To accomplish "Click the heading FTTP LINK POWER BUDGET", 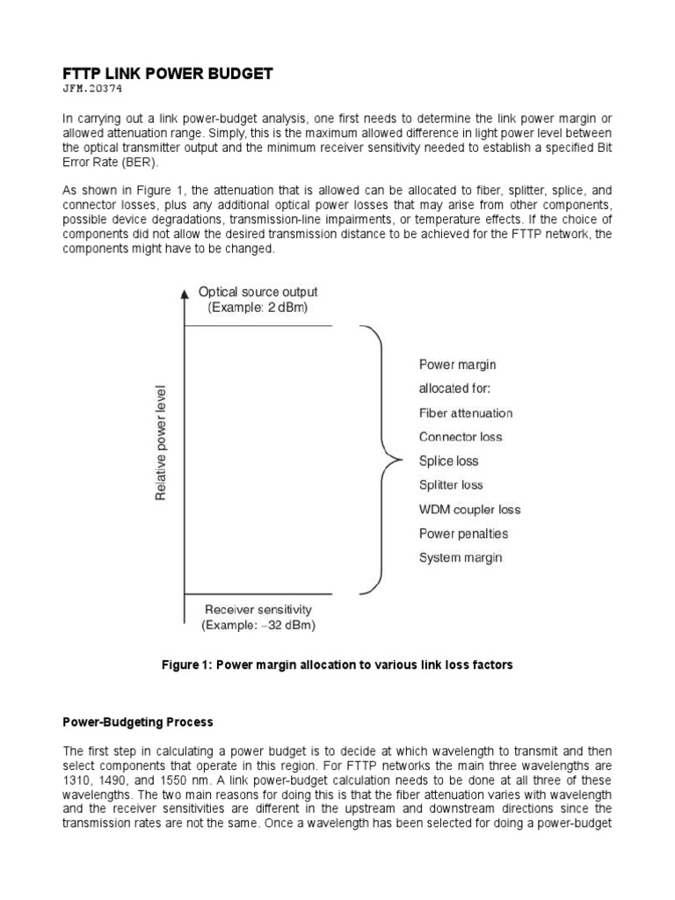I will click(x=167, y=75).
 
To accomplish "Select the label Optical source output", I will click(x=258, y=292).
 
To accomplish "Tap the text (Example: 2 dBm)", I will click(x=258, y=308).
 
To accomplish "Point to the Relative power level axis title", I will click(x=161, y=443).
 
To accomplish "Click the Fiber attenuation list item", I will click(x=465, y=413).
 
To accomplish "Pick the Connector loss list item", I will click(x=461, y=437).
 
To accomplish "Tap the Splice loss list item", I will click(x=448, y=461).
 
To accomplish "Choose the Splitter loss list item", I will click(x=451, y=485).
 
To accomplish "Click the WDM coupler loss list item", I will click(x=469, y=509).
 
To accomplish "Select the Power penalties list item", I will click(x=463, y=533).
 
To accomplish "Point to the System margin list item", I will click(x=460, y=557).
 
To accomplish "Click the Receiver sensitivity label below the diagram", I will click(x=258, y=609).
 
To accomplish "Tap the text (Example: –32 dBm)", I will click(x=258, y=626).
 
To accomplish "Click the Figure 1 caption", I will click(x=337, y=665).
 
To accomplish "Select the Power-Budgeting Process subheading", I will click(x=137, y=722).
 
